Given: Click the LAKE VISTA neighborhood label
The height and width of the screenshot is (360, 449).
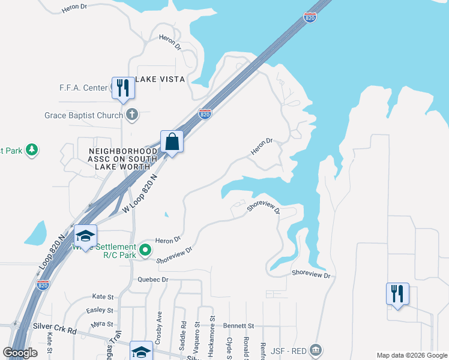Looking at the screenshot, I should tap(160, 79).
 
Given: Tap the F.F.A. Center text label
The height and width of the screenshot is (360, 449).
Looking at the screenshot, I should tap(83, 88).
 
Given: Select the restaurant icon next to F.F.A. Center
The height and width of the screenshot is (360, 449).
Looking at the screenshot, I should tap(123, 87).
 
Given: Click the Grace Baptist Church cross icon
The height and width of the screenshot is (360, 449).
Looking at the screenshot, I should tap(133, 115).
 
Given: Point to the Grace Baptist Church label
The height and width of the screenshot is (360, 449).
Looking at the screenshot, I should tap(83, 115).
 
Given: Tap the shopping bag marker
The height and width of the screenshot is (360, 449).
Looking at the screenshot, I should tap(172, 142).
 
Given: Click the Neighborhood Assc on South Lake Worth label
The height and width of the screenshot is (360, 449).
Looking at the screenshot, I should tap(123, 159).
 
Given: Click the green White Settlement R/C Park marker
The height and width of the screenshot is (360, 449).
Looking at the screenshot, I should tap(145, 250).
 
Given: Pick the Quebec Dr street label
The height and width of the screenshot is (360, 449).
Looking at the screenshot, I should tap(154, 280).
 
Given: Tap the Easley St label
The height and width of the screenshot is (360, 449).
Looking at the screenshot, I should tap(100, 310).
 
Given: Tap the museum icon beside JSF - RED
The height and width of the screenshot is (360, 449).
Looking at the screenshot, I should tap(317, 350).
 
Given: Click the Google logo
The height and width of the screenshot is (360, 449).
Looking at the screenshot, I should tap(20, 353).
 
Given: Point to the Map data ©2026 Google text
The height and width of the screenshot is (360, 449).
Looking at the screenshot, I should tap(412, 355).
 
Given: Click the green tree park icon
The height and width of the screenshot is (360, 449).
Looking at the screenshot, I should tap(32, 150).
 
